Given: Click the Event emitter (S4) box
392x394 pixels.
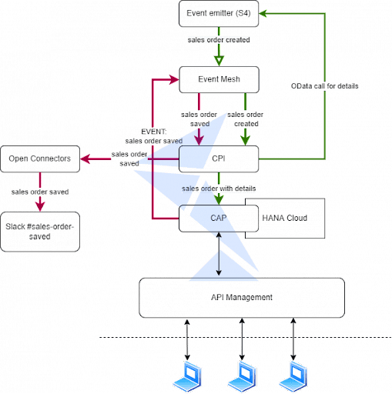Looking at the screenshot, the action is (x=219, y=14).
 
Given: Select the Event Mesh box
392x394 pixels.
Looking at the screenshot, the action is (x=219, y=79).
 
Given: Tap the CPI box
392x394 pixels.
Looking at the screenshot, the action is (x=219, y=159).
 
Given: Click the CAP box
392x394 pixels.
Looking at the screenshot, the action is (x=219, y=219).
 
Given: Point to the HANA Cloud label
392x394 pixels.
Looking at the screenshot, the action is (x=284, y=218).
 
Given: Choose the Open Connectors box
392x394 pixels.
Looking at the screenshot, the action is (x=40, y=159).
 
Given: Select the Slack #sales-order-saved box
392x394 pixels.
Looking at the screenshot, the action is (x=40, y=232).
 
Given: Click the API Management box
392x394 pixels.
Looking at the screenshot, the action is (x=242, y=298).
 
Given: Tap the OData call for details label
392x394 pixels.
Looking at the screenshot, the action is (x=324, y=86).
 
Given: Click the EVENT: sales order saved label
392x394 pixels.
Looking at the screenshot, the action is (x=154, y=136).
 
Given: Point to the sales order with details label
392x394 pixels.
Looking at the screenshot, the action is (x=219, y=189).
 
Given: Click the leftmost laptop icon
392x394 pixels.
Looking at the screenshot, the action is (x=187, y=376).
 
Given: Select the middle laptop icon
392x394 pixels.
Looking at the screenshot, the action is (x=242, y=376).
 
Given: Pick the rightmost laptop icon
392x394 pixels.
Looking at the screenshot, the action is (x=293, y=376).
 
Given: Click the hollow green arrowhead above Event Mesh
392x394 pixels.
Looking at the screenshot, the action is (x=219, y=61).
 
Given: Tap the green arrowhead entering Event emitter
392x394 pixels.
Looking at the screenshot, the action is (x=263, y=14).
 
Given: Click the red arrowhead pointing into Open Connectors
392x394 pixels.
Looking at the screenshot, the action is (x=85, y=159).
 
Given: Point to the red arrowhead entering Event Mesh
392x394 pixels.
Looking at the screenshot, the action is (x=174, y=79).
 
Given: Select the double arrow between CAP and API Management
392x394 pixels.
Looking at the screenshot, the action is (x=219, y=254).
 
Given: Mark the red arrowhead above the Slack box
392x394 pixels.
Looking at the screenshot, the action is (x=40, y=206).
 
